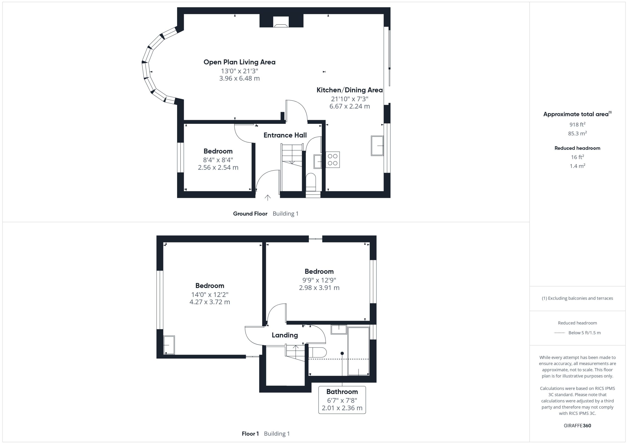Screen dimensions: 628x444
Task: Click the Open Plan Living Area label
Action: click(239, 62)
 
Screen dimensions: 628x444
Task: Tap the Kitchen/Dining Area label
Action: click(350, 90)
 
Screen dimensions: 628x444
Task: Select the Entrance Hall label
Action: click(285, 135)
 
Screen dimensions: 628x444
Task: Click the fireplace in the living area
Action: click(281, 22)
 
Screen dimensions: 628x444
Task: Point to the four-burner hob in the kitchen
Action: click(333, 160)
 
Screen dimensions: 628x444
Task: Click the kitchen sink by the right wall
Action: click(377, 146)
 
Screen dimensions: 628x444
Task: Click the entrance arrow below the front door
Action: click(267, 198)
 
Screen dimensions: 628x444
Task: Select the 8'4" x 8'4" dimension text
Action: click(218, 160)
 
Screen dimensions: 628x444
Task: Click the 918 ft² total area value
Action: click(577, 124)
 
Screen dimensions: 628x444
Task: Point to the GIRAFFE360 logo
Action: click(577, 425)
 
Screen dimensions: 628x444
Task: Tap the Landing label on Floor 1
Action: click(285, 335)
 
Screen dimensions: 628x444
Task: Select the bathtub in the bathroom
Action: click(358, 351)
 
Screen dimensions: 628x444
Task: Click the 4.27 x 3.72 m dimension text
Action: click(210, 302)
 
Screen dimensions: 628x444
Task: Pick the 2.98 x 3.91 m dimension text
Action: click(319, 288)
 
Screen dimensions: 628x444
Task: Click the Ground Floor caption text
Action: click(250, 214)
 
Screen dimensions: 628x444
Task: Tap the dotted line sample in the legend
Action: click(559, 333)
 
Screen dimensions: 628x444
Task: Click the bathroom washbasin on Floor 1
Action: click(339, 330)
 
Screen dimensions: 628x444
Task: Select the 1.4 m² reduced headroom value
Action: click(577, 166)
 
